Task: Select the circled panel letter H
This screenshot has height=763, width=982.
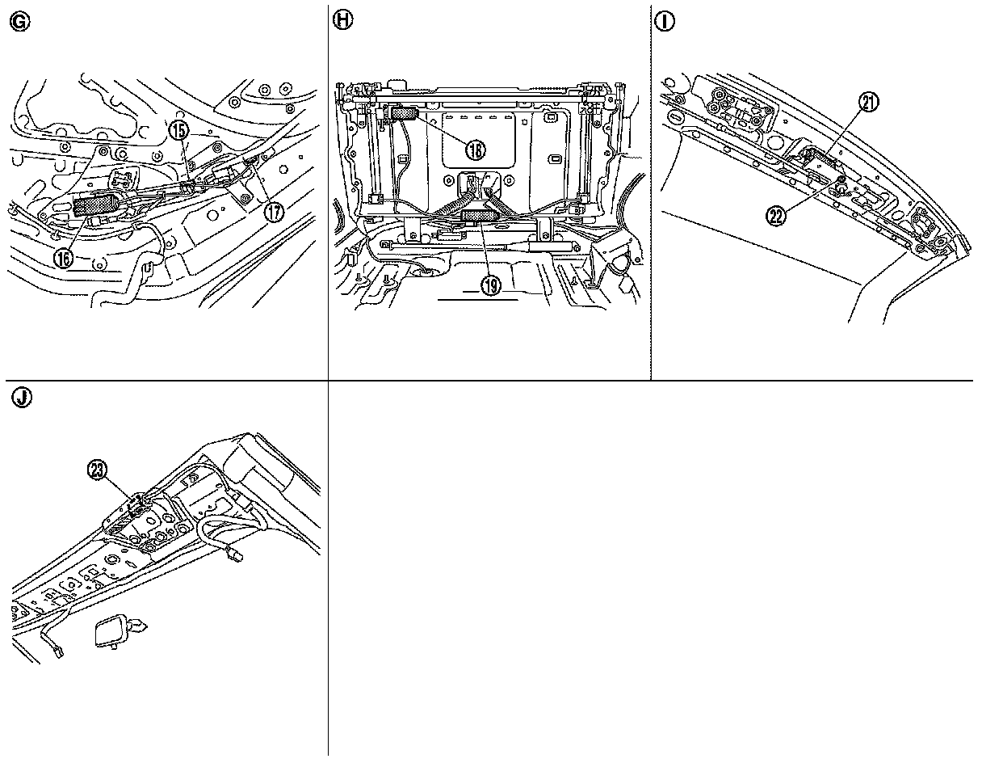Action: tap(343, 23)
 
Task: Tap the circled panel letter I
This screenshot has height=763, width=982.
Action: tap(665, 23)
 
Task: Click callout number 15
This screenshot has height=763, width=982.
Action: tap(178, 129)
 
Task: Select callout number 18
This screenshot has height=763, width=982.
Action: tap(476, 149)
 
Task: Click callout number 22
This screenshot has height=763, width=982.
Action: tap(778, 216)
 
